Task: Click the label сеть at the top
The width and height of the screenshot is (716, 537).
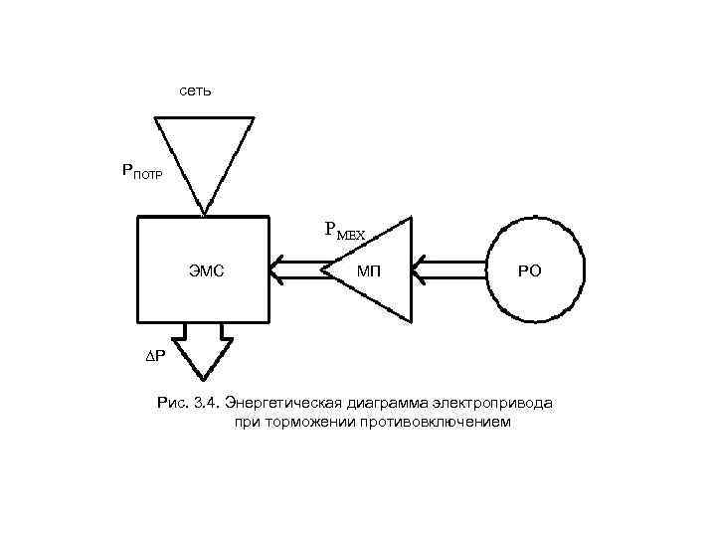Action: [195, 90]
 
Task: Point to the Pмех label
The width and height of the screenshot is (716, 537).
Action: [344, 231]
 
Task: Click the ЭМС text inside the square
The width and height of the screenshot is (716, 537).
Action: [205, 270]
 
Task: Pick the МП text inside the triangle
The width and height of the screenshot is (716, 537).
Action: [370, 270]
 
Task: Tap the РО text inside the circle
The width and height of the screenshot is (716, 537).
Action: [530, 270]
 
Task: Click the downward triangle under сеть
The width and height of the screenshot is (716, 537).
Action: [204, 154]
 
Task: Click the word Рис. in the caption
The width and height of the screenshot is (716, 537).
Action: [173, 403]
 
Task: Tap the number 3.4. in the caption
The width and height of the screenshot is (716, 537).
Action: [207, 403]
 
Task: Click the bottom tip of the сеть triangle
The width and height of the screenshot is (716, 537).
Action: [205, 213]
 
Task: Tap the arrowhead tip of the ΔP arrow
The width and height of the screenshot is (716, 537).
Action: [204, 379]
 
